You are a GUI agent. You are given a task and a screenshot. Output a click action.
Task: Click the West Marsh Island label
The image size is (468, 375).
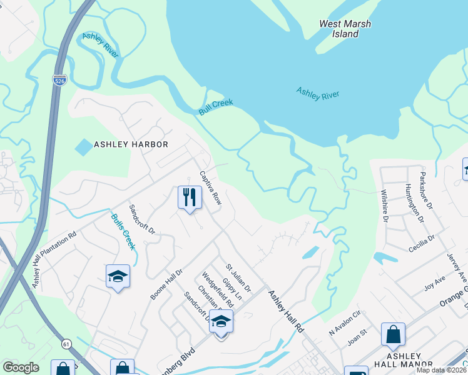345,29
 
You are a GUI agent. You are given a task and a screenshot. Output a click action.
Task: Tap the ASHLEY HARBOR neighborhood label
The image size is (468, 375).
131,144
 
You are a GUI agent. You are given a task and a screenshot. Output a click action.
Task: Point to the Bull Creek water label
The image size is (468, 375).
216,106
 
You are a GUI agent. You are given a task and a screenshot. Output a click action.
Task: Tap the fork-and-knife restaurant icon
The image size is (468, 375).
188,197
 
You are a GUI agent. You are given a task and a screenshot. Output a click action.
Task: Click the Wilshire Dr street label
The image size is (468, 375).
384,204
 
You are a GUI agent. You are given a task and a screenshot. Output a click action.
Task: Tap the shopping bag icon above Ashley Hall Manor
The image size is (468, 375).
393,334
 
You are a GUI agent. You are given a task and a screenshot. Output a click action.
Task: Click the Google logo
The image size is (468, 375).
21,367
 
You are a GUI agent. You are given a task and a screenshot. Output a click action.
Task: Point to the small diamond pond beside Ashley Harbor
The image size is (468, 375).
83,147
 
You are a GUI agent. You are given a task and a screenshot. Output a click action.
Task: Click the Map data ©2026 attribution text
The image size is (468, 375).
442,370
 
